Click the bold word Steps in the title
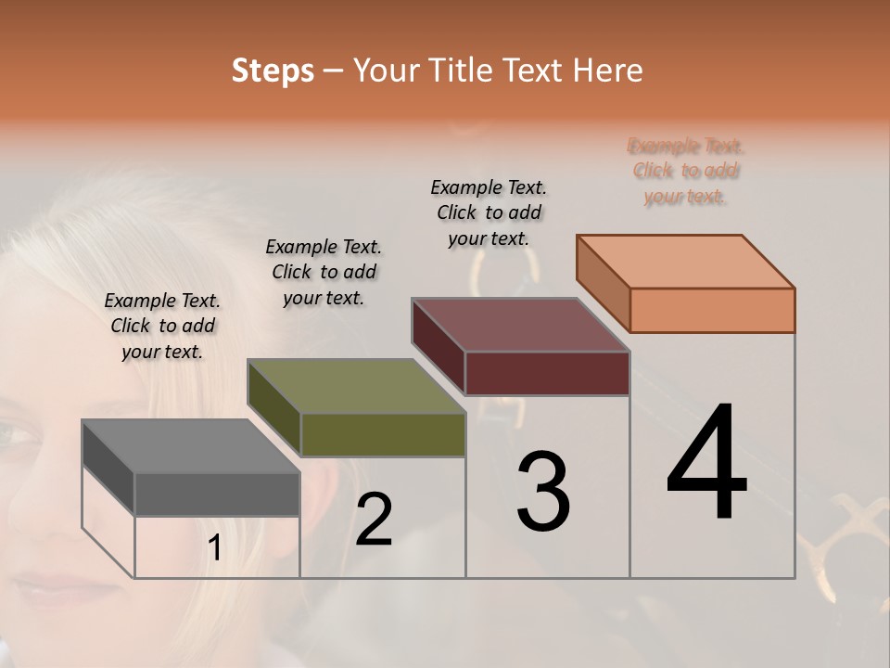point(273,71)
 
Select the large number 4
point(707,464)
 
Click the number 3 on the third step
point(543,492)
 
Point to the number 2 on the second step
point(374,520)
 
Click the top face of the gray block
point(190,446)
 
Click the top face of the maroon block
point(520,325)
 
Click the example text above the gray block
point(162,326)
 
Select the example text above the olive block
point(324,272)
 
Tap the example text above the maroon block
point(489,212)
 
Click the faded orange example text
point(685,171)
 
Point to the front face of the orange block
point(712,310)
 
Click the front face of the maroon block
point(547,373)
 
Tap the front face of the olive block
point(383,434)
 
